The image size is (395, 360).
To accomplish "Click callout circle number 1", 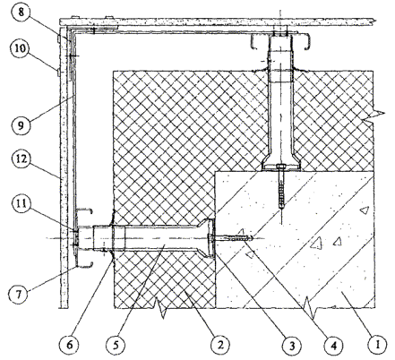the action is [x=378, y=345].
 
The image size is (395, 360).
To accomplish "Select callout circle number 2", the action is [x=220, y=345].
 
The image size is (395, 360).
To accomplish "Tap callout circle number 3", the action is [x=292, y=346].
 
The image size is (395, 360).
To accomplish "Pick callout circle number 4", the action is [x=334, y=346].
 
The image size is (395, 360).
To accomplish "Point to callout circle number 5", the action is [x=116, y=345].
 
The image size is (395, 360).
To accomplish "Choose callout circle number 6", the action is [x=69, y=345].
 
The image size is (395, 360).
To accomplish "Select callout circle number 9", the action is [x=20, y=125].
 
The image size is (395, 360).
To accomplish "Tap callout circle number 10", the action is [x=20, y=48].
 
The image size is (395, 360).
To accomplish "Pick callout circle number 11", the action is [x=20, y=204].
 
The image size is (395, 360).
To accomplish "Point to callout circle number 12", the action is [x=20, y=159].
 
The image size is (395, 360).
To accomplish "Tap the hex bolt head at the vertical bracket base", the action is [x=280, y=167].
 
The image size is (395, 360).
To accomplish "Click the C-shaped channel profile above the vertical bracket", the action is [x=280, y=42].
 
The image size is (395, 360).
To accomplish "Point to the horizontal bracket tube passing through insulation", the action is [x=154, y=238].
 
